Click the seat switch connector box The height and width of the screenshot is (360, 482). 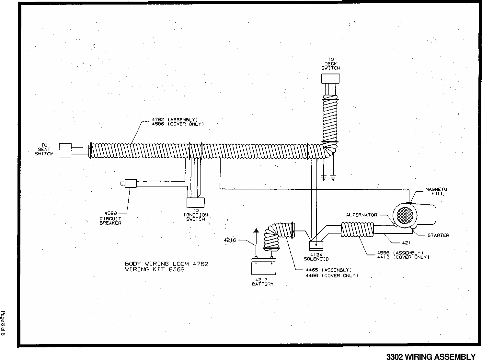point(65,151)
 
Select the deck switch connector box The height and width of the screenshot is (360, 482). point(330,79)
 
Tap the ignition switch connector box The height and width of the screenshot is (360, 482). point(196,202)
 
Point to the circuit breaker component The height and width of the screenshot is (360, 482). point(130,183)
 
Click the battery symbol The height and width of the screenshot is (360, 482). point(264,266)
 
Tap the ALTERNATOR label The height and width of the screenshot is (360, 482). point(361,215)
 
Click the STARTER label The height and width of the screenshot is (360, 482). point(438,235)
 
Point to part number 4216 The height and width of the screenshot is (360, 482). point(230,240)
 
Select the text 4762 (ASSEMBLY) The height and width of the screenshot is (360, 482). point(175,119)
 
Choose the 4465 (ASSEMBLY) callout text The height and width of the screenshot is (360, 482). point(329,269)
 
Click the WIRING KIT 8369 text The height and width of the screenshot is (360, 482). point(155,269)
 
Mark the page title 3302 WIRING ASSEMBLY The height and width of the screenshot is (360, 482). point(431,356)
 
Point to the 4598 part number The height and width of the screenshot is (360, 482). point(110,213)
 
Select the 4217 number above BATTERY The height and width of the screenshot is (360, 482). point(263,279)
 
